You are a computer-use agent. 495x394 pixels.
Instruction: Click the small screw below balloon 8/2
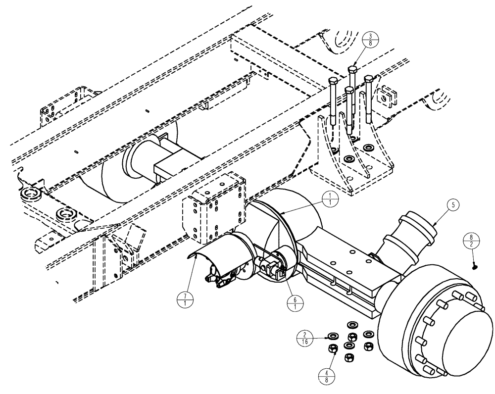pos(475,267)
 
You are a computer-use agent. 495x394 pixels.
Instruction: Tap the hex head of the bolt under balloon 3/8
pos(353,69)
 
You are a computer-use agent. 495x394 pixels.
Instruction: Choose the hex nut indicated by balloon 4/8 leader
pos(333,349)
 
